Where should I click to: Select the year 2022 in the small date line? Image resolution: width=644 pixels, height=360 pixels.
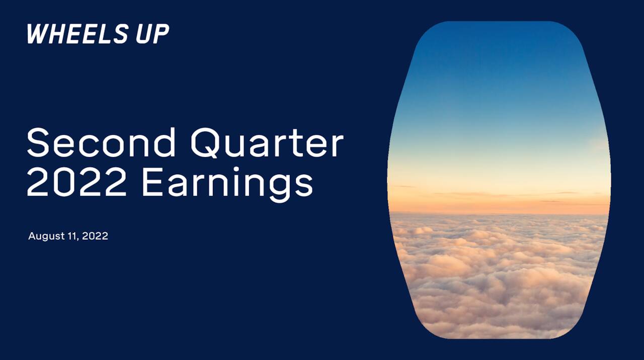pyautogui.click(x=95, y=236)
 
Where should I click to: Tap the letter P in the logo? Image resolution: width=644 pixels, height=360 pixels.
pyautogui.click(x=162, y=34)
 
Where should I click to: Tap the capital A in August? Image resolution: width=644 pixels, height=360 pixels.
pyautogui.click(x=32, y=236)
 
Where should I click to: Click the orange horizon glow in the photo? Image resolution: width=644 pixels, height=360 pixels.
pyautogui.click(x=498, y=201)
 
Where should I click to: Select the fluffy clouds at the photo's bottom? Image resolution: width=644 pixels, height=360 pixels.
pyautogui.click(x=498, y=292)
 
